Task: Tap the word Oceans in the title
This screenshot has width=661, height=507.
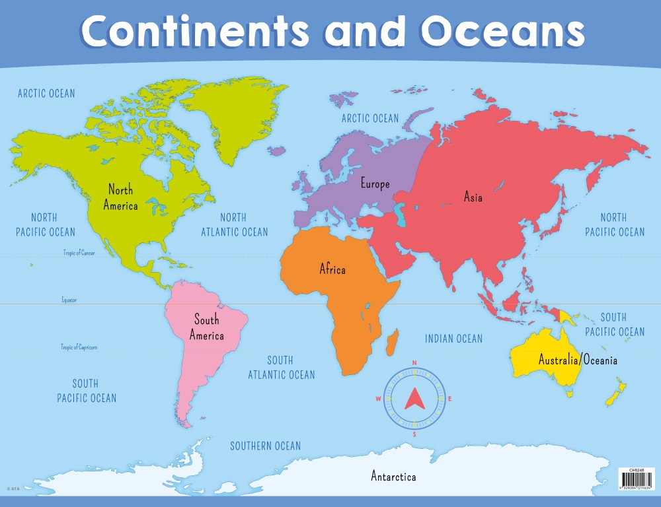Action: [503, 32]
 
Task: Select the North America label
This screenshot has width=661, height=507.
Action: [121, 197]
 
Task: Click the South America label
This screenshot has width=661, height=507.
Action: [206, 327]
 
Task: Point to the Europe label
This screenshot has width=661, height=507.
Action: [375, 184]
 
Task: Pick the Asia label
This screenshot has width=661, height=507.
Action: [473, 197]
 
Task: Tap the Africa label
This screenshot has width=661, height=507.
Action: [332, 269]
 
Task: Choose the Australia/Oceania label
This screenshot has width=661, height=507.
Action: [578, 360]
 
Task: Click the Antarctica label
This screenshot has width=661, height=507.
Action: [393, 476]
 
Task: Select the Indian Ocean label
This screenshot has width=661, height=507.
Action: [453, 339]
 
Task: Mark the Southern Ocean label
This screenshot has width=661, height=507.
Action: [265, 446]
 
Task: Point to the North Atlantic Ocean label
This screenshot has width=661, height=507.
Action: [235, 224]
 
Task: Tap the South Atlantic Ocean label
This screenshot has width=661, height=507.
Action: [282, 368]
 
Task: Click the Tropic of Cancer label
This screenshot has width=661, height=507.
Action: [79, 253]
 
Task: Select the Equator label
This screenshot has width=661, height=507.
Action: [69, 300]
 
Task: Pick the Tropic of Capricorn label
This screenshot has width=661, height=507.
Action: [79, 347]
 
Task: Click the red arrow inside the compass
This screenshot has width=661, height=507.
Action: [414, 397]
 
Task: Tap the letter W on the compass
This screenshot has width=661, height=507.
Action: [379, 399]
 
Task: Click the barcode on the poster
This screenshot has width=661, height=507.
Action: [635, 479]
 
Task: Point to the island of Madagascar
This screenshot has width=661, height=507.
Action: [392, 342]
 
